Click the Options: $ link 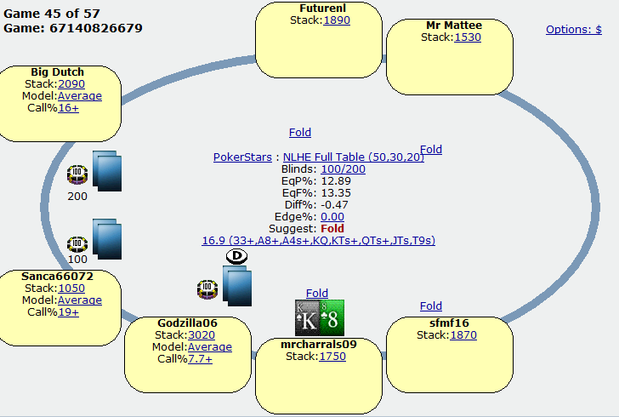(x=574, y=30)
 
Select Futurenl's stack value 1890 (x=337, y=20)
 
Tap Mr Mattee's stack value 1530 (x=468, y=37)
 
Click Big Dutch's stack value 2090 (x=71, y=83)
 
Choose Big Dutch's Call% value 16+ (x=68, y=108)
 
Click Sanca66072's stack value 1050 (x=71, y=288)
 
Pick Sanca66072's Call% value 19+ (x=68, y=312)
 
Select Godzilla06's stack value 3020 (x=202, y=335)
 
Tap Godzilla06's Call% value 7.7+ (x=200, y=359)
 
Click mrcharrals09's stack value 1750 (x=332, y=357)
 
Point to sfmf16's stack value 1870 (x=463, y=335)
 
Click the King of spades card (x=307, y=317)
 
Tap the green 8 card (x=332, y=317)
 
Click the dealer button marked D (x=237, y=256)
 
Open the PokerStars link (x=242, y=157)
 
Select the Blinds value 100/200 (x=343, y=169)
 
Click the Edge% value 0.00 (x=332, y=217)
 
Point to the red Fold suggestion (x=332, y=228)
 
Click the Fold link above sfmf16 (x=431, y=306)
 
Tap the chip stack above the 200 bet (x=77, y=174)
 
